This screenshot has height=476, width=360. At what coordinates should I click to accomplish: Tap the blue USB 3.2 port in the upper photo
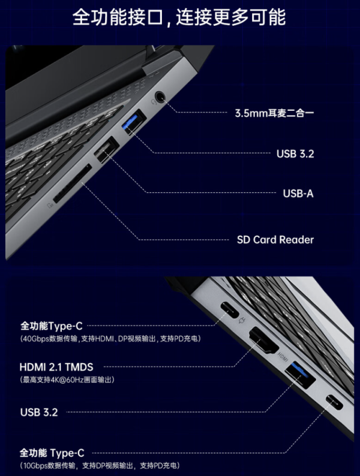tap(134, 122)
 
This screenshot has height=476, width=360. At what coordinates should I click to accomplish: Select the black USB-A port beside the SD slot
tap(106, 150)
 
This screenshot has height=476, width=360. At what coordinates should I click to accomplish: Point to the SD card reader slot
tap(73, 183)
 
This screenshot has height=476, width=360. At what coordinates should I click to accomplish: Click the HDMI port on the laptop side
tap(263, 341)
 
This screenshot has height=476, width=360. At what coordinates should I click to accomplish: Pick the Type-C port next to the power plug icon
tap(229, 309)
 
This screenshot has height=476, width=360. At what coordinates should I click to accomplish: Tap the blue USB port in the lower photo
tap(300, 375)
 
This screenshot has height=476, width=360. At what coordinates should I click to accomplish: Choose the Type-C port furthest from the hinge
tap(334, 402)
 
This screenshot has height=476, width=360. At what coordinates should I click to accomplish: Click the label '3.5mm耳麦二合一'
tap(274, 113)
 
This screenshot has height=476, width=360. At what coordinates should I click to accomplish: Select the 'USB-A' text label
tap(298, 194)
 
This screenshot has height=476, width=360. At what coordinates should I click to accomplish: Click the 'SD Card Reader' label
tap(275, 240)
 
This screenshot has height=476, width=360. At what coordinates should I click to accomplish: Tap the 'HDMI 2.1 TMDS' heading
tap(56, 367)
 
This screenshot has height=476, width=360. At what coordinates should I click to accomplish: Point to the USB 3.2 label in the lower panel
tap(39, 412)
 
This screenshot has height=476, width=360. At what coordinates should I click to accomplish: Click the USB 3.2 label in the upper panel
tap(295, 154)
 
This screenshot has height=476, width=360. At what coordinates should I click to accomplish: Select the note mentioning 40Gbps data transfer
tap(110, 339)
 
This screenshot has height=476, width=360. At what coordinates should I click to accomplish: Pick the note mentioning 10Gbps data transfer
tap(100, 465)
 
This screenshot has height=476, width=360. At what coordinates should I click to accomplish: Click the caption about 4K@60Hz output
tap(67, 379)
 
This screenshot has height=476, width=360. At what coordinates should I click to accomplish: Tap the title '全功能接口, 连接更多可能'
tap(179, 17)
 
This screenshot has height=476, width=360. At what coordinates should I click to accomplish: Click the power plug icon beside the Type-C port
tap(242, 320)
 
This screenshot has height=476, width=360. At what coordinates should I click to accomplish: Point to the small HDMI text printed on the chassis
tap(283, 357)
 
